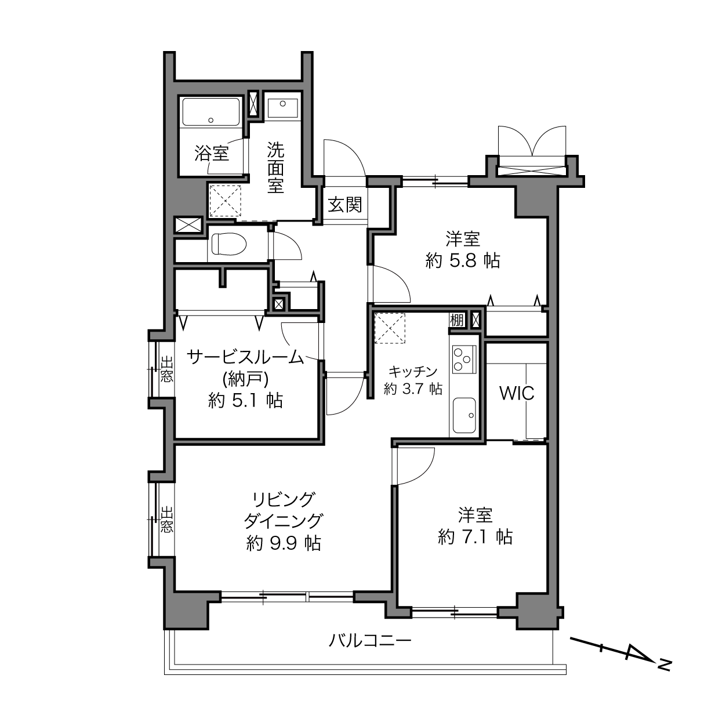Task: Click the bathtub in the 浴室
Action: (210, 112)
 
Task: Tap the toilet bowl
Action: (228, 244)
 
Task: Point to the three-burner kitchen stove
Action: (464, 359)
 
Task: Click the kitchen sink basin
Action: (464, 415)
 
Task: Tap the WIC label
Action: (517, 393)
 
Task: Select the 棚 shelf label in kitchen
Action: (456, 320)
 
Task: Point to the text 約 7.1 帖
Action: (475, 537)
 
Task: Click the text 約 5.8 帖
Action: (463, 261)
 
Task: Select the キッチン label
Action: (412, 372)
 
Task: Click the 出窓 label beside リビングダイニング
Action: (166, 520)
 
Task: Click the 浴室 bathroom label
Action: (212, 154)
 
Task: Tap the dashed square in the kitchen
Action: (390, 328)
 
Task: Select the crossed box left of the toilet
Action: (189, 226)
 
